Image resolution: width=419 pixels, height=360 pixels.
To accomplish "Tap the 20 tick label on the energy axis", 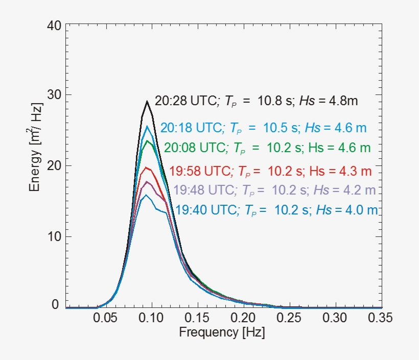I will point(54,165).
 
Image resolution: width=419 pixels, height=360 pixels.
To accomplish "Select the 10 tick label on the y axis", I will point(54,236).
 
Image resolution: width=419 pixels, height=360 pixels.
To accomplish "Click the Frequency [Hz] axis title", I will point(222,332).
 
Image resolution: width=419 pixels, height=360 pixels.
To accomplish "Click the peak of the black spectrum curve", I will point(147,101).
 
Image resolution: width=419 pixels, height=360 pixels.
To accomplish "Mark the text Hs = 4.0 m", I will point(347,209).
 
